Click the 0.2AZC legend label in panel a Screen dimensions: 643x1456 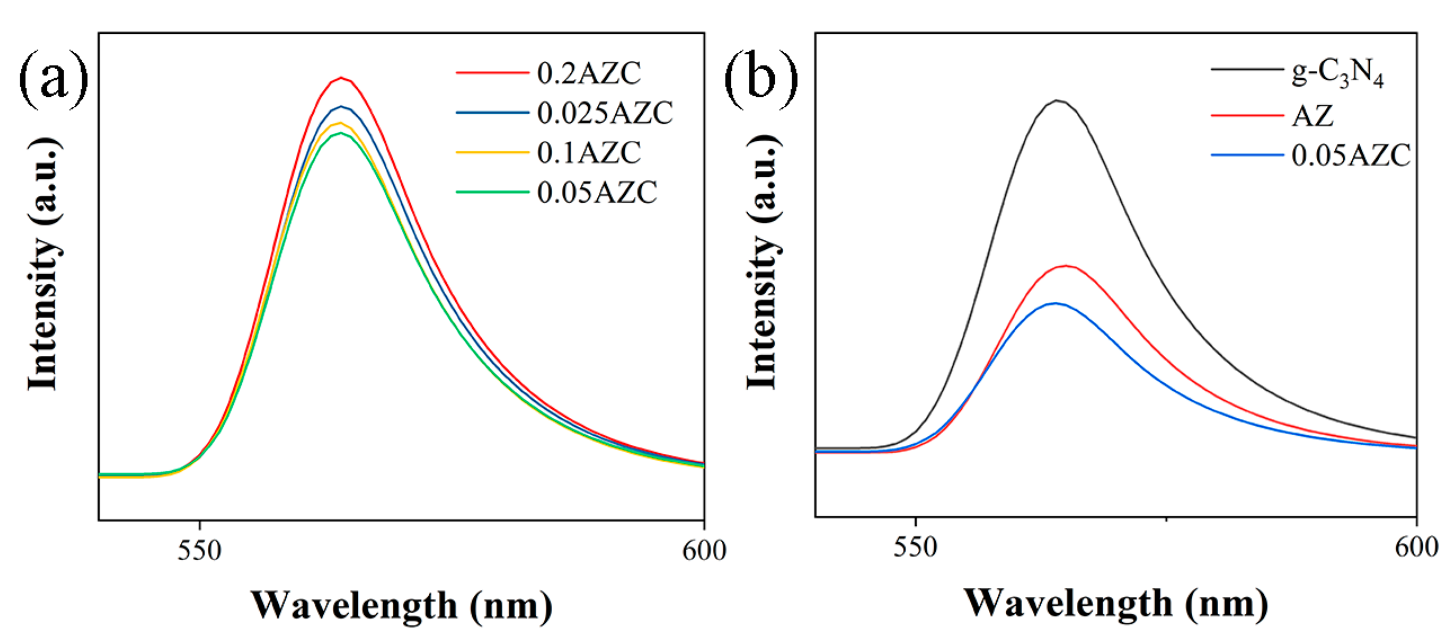[589, 73]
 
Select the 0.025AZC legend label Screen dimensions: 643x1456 [605, 113]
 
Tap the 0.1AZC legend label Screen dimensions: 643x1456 [589, 153]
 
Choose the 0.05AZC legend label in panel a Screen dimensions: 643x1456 [597, 192]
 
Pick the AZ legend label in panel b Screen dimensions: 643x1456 [1312, 116]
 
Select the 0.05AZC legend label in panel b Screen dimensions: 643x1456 [1351, 155]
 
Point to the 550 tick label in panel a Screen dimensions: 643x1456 [199, 550]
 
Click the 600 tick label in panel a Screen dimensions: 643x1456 [704, 550]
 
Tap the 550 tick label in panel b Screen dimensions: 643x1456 [915, 547]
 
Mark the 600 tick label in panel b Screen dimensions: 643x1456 [1417, 547]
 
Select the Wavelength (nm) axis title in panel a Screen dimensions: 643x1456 [401, 606]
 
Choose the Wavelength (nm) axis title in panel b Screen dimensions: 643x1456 [1115, 604]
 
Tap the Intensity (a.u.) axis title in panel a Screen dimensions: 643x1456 [43, 264]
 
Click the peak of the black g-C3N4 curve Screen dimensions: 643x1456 [1057, 101]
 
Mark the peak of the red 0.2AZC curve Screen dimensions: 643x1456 [341, 77]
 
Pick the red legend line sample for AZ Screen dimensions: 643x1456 [1246, 116]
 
